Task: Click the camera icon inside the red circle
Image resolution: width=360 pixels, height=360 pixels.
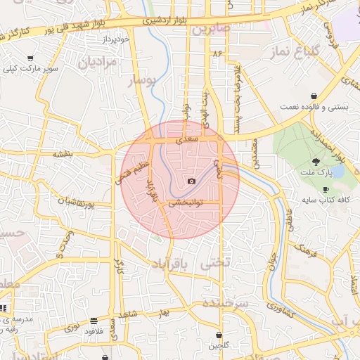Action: pyautogui.click(x=191, y=181)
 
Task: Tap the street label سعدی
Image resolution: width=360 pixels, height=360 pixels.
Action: pyautogui.click(x=186, y=141)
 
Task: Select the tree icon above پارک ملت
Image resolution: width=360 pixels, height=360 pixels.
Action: pyautogui.click(x=325, y=162)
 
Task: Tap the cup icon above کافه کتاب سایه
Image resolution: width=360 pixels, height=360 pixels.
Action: pyautogui.click(x=325, y=190)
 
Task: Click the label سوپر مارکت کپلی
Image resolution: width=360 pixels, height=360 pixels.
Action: pyautogui.click(x=30, y=69)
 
